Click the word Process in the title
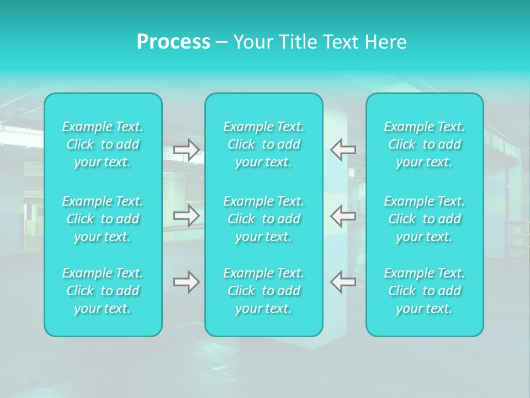[173, 42]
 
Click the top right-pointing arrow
[187, 150]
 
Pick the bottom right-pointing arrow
[187, 282]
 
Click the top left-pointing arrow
[343, 150]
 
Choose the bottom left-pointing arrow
[343, 282]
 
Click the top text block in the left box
[103, 144]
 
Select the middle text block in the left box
[103, 219]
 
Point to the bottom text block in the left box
[103, 291]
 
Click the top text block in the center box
[264, 144]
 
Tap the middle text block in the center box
[264, 219]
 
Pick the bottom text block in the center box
[264, 291]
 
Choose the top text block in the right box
[425, 144]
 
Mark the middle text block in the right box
[425, 219]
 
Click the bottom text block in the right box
[425, 291]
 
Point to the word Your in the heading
[251, 42]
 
